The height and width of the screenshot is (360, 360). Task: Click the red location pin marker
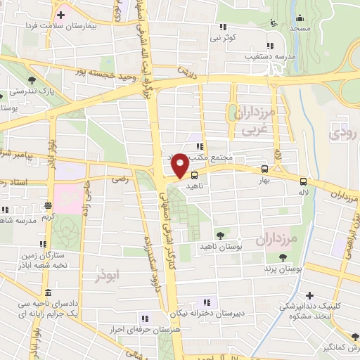point(180,165)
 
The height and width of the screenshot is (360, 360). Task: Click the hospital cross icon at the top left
point(61,14)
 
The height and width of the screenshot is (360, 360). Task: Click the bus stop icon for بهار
point(264,169)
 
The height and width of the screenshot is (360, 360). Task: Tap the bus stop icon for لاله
point(303,179)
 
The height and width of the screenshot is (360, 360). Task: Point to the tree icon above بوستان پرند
point(283,257)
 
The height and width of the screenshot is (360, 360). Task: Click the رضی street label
point(117,180)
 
